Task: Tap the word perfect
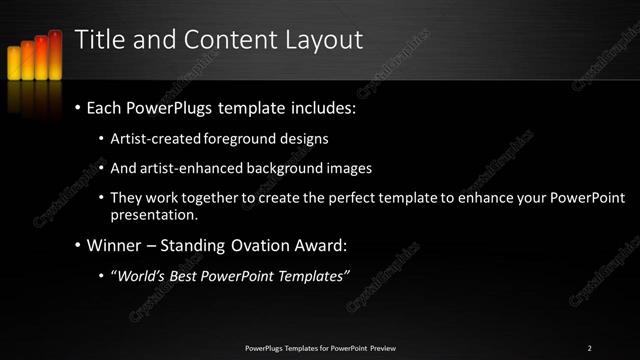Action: click(369, 198)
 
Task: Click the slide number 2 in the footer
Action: click(589, 347)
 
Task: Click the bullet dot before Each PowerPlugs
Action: click(78, 107)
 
